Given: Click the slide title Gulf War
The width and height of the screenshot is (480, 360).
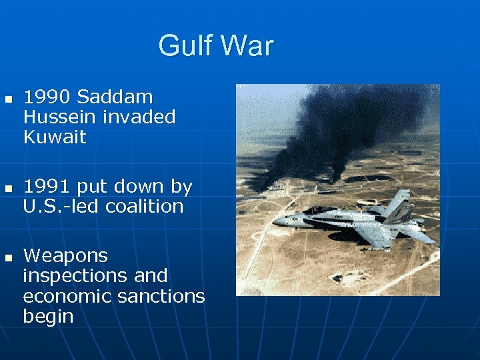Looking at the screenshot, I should click(x=216, y=46).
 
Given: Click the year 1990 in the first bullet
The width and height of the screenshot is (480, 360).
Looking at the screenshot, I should click(x=47, y=97).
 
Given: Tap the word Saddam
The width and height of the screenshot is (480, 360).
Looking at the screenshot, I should click(x=115, y=97).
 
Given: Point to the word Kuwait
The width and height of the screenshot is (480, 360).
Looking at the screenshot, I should click(x=55, y=137).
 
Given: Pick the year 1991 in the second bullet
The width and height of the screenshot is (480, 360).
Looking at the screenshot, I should click(x=47, y=187).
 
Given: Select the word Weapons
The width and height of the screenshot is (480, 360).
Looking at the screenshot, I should click(x=65, y=256).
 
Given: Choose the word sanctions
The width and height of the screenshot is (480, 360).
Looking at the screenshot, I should click(x=161, y=296).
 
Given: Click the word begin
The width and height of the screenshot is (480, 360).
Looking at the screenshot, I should click(x=48, y=316).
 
